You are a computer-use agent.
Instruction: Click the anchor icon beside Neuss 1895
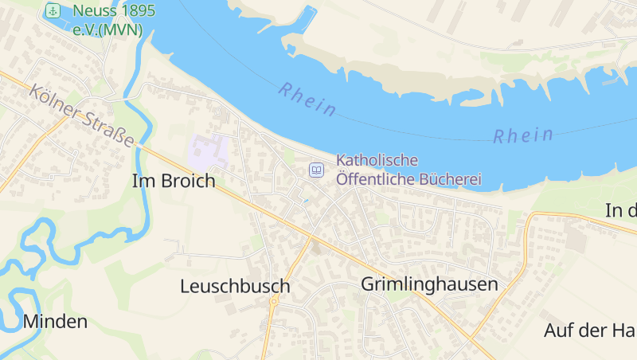(53, 11)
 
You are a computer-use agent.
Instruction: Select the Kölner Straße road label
(81, 115)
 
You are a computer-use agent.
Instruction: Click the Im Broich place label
(174, 181)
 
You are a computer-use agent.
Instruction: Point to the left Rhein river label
(307, 99)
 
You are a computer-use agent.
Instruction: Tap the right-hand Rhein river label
(522, 135)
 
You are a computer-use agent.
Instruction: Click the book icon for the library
(317, 170)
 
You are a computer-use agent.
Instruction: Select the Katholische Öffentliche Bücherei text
(408, 170)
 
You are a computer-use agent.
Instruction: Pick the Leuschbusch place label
(235, 285)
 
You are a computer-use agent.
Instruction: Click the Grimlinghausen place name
(429, 284)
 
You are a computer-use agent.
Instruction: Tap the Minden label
(55, 322)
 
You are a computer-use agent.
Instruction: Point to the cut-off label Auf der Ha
(589, 330)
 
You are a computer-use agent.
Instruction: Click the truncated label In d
(621, 210)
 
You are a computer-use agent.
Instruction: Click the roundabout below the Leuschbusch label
(273, 302)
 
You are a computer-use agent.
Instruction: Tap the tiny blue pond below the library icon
(305, 201)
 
